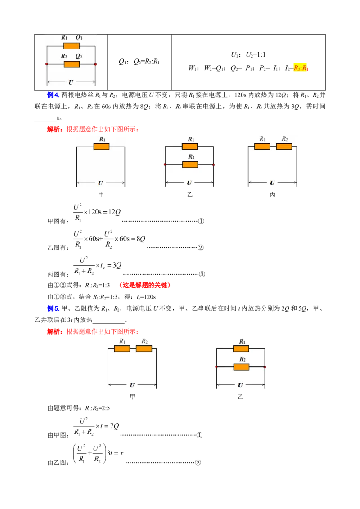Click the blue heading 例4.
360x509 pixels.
53,95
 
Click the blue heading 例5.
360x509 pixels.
53,308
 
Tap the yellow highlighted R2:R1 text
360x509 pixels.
301,68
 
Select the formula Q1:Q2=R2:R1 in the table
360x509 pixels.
139,61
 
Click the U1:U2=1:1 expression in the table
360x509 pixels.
248,54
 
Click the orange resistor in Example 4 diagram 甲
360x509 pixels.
101,147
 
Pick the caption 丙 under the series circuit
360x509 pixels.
272,194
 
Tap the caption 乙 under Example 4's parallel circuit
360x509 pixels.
190,194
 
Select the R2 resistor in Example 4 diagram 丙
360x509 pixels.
284,147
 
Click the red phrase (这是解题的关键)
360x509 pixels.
144,285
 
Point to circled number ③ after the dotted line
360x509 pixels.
202,274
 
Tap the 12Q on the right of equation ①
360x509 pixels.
114,212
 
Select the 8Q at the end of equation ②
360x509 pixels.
141,239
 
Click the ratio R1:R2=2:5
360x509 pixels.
98,408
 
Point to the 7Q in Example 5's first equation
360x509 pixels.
114,426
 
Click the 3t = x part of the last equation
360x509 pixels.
115,453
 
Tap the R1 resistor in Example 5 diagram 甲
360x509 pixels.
122,348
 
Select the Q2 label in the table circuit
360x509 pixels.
79,56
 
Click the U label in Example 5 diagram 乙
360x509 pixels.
240,385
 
